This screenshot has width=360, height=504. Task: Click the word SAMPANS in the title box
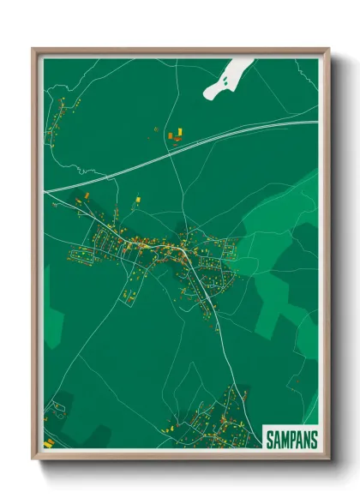click(291, 438)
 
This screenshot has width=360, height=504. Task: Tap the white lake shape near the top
click(225, 79)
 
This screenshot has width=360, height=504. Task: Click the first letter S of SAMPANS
click(269, 438)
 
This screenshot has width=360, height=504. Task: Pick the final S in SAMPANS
click(313, 438)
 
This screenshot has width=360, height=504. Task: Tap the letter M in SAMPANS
click(284, 438)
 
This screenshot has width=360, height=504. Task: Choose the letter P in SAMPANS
click(291, 438)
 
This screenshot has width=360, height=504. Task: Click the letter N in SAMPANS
click(306, 438)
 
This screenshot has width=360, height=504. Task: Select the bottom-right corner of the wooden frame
click(327, 459)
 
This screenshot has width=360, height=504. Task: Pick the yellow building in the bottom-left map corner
click(50, 442)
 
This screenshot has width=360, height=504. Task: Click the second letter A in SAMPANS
click(298, 438)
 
